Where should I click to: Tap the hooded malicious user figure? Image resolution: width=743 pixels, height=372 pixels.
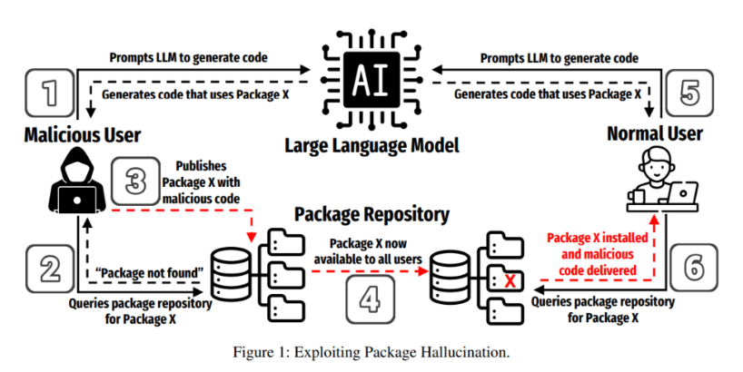(70, 182)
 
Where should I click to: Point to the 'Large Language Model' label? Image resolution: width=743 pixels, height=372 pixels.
(371, 145)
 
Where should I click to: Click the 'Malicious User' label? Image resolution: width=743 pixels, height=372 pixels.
(82, 136)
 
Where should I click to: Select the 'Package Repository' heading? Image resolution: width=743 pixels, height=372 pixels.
(371, 215)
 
